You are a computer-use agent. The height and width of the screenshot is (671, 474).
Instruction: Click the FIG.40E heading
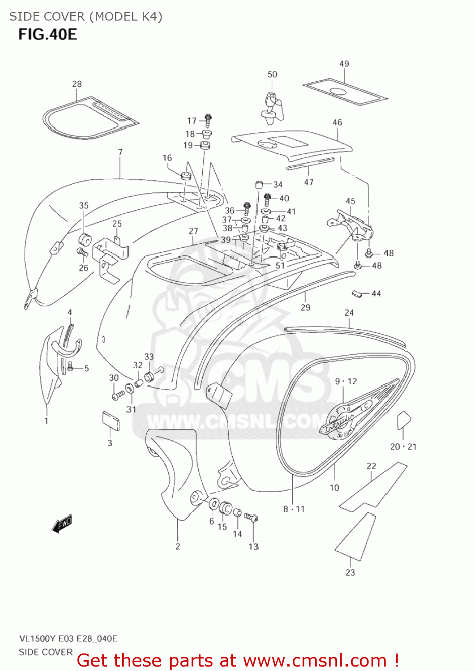pyautogui.click(x=47, y=34)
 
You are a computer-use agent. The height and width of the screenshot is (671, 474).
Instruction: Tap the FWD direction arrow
pyautogui.click(x=62, y=524)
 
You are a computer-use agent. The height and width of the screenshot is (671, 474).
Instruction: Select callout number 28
pyautogui.click(x=77, y=84)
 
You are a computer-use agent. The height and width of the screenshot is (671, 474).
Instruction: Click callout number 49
pyautogui.click(x=344, y=64)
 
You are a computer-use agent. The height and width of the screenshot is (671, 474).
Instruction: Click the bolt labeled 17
pyautogui.click(x=208, y=119)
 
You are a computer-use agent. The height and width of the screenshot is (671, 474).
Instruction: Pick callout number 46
pyautogui.click(x=337, y=122)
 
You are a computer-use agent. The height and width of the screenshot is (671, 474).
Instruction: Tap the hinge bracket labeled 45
pyautogui.click(x=352, y=226)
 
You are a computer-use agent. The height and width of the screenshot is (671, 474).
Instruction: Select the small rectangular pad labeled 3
pyautogui.click(x=111, y=421)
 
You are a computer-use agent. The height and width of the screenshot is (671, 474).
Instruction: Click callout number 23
pyautogui.click(x=350, y=572)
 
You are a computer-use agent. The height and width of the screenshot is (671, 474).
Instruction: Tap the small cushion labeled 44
pyautogui.click(x=357, y=293)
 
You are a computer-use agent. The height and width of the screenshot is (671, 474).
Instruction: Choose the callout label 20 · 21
pyautogui.click(x=403, y=446)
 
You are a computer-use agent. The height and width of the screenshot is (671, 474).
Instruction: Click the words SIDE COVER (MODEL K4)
pyautogui.click(x=85, y=17)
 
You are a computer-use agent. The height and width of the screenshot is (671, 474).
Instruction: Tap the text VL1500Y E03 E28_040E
pyautogui.click(x=68, y=638)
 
